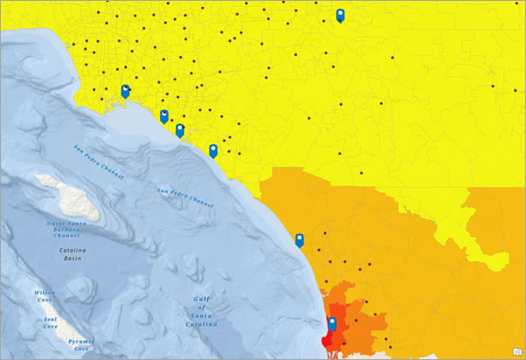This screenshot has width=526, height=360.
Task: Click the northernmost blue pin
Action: click(340, 15)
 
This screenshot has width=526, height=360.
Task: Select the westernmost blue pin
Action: click(125, 91)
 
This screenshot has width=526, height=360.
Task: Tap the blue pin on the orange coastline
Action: click(300, 239)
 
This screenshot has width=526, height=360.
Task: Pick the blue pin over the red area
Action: click(332, 324)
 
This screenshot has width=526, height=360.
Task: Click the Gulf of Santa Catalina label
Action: click(200, 312)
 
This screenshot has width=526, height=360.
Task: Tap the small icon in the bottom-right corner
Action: click(516, 352)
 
